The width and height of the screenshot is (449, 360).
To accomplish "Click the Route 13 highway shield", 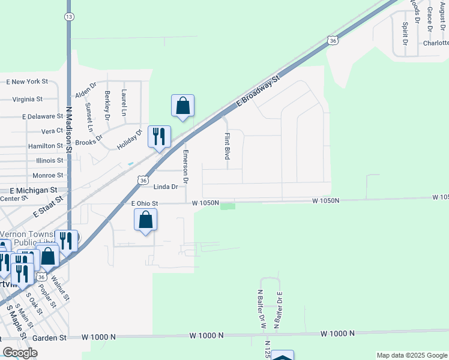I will click(x=70, y=17).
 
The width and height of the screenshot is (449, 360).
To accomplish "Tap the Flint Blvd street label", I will click(x=228, y=146).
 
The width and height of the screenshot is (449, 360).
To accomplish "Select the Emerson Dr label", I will click(x=186, y=166).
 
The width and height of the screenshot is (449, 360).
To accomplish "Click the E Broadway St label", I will click(x=259, y=91).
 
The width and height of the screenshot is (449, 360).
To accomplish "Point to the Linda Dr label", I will click(x=166, y=187).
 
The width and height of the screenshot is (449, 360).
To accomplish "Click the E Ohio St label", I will click(x=144, y=203).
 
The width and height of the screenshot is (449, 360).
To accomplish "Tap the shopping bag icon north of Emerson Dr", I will click(x=183, y=106).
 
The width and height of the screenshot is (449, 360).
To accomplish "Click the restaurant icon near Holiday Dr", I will click(x=159, y=137).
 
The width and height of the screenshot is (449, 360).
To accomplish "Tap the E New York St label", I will click(x=27, y=81).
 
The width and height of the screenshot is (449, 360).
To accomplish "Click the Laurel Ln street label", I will click(x=124, y=103).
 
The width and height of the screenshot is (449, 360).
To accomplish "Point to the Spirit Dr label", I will click(x=405, y=34).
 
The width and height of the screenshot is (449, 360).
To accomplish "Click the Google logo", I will click(x=20, y=353).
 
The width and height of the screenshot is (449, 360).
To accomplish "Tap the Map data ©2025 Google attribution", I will click(x=411, y=355).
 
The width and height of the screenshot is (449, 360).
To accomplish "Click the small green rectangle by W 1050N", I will click(x=228, y=207).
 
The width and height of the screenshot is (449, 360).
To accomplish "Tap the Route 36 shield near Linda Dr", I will click(x=142, y=179).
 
